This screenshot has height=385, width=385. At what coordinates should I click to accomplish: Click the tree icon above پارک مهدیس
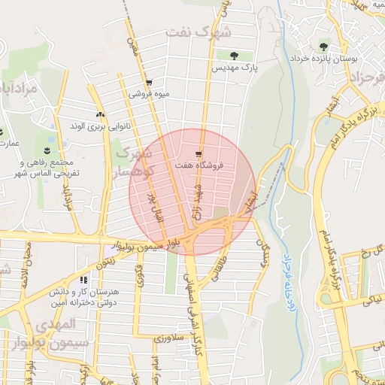coord(233,55)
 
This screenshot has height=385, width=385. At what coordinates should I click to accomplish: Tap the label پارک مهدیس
coord(234,67)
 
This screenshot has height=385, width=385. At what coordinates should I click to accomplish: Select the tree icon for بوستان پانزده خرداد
coord(325,45)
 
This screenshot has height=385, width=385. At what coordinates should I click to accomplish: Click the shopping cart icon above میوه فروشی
coord(149,83)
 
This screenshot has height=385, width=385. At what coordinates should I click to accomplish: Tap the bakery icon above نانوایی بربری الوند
coord(99,114)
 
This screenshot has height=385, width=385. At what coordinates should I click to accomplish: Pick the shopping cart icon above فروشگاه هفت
coord(199,153)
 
